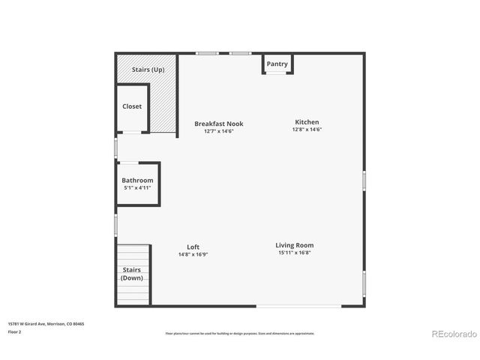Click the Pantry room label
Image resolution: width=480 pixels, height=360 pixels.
277,64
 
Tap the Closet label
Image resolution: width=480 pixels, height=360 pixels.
132,106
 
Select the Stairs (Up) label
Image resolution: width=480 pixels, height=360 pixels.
148,70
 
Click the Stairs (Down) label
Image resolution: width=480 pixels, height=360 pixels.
132,274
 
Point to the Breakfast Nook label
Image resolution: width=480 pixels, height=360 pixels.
218,124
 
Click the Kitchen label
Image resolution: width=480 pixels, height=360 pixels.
307,122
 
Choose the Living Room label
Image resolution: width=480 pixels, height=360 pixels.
294,245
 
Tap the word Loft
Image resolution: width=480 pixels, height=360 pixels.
193,247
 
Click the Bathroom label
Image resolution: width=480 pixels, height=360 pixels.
137,181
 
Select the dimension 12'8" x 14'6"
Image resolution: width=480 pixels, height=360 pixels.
307,130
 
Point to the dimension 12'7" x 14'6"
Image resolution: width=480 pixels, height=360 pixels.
218,131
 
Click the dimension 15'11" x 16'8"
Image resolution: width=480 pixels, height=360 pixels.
294,253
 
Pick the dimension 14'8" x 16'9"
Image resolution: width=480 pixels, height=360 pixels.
193,254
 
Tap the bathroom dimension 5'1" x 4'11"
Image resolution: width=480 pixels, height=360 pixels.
137,187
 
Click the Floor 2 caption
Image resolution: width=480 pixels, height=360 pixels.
15,331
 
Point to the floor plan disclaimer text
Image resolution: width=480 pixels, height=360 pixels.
239,333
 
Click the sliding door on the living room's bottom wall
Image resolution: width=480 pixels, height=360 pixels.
298,306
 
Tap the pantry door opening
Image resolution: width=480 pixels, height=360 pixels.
277,73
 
